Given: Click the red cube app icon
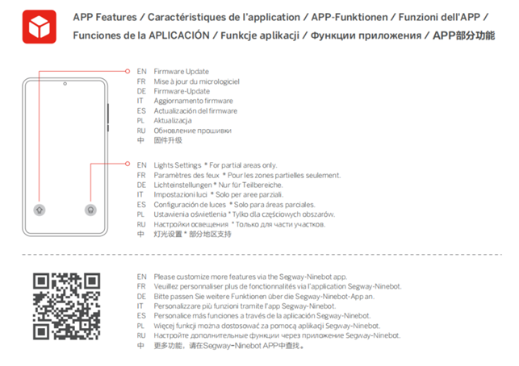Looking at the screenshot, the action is (40, 27).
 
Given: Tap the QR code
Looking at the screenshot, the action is (66, 306).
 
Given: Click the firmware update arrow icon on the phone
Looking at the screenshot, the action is (40, 210).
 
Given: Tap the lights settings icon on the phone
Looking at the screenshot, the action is (90, 210).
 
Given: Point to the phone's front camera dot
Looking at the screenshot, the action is (65, 84).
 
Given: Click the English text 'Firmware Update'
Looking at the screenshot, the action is (181, 72).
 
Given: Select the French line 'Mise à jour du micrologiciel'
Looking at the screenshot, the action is (196, 81).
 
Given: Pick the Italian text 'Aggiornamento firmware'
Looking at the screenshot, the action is (193, 101).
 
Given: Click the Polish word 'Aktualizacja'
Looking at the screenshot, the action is (173, 121).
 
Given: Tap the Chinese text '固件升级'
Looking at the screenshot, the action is (168, 140).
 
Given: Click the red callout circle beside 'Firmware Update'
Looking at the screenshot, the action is (128, 71).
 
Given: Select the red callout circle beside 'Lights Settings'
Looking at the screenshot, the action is (128, 164).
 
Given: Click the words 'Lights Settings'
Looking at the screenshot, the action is (177, 165).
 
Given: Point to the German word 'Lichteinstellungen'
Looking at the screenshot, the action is (182, 185).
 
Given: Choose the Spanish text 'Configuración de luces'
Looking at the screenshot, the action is (190, 205).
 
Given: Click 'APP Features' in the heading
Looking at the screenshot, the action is (105, 17).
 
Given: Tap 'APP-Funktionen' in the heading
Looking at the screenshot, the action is (349, 17).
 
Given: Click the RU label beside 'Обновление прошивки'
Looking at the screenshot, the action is (141, 131).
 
